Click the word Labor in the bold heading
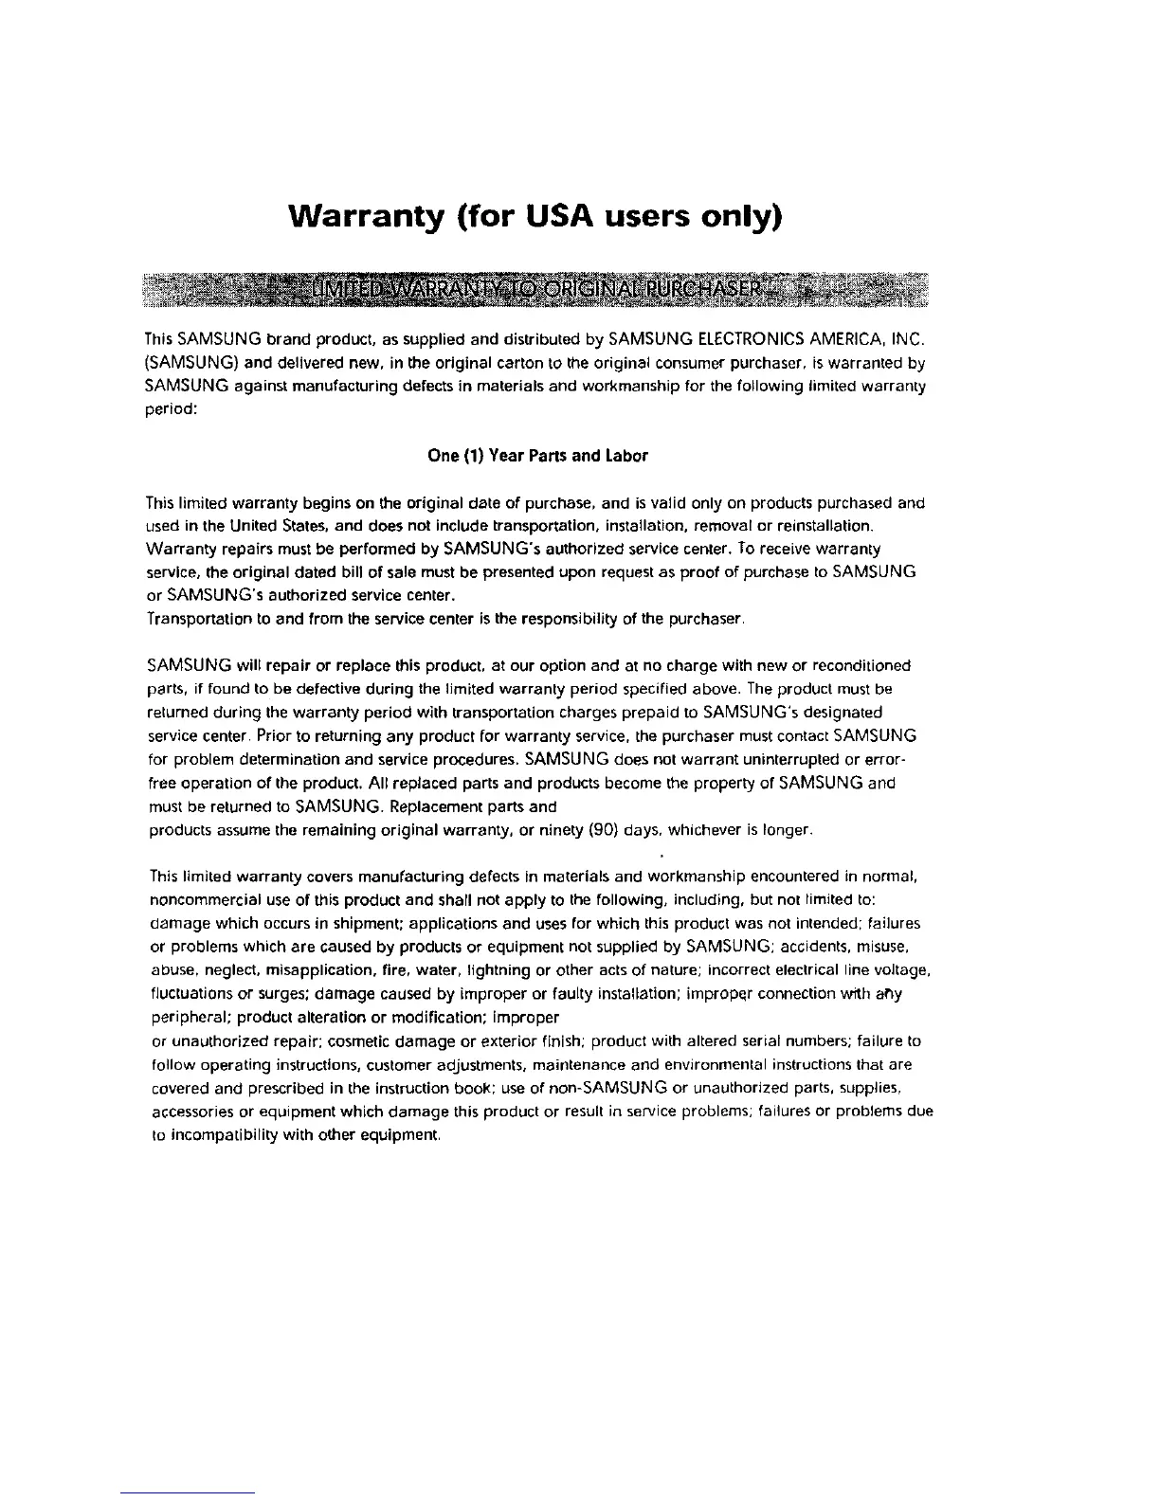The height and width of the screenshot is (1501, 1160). click(x=627, y=456)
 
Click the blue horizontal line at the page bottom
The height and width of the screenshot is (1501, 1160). click(x=188, y=1492)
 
